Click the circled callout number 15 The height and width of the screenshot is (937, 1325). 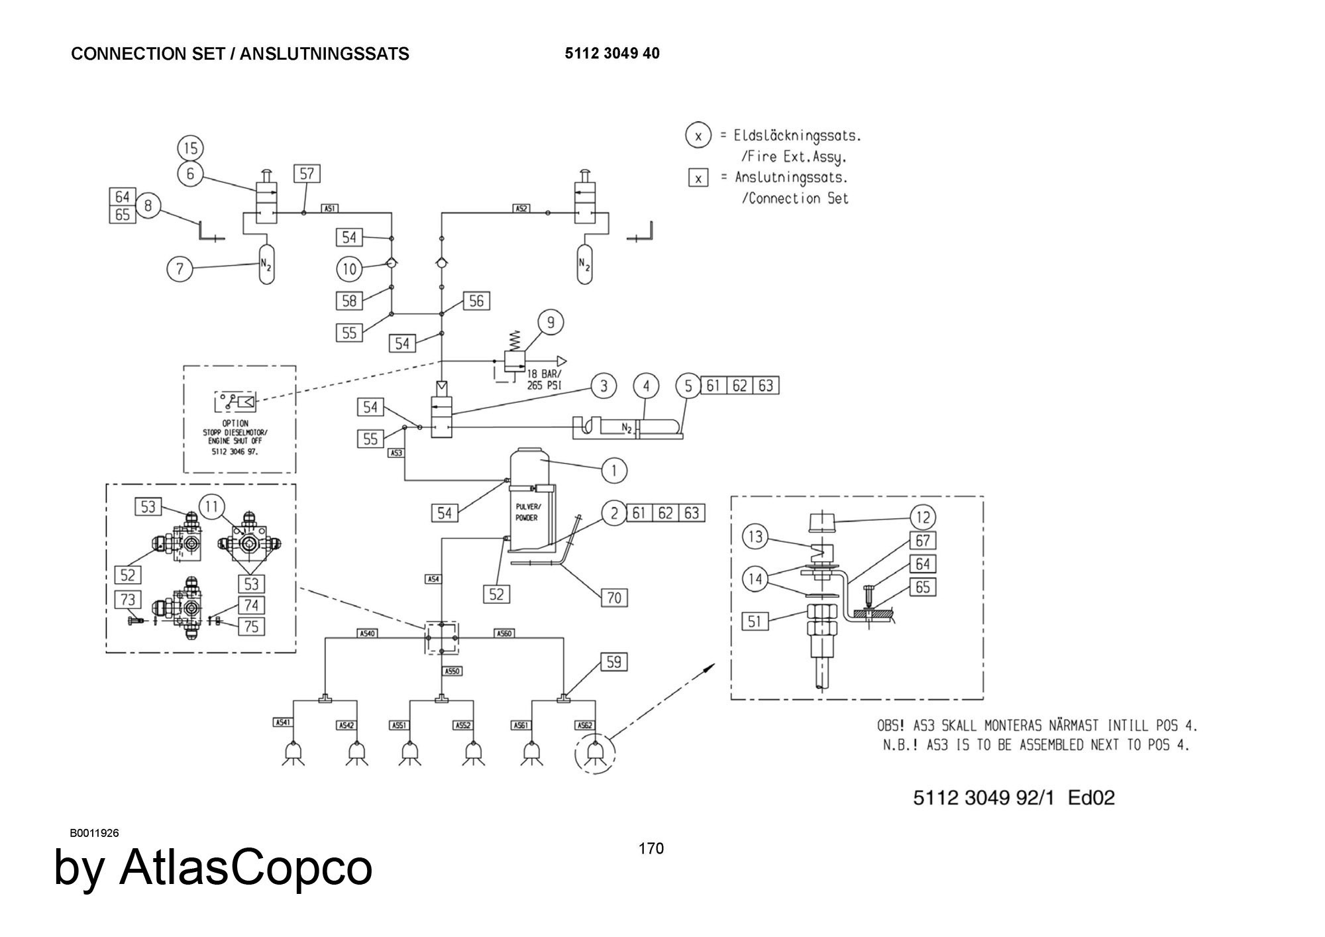[x=191, y=148]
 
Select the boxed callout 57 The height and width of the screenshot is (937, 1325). [x=307, y=174]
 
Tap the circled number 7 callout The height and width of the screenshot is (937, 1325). [x=180, y=269]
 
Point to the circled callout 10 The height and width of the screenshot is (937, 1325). [x=350, y=269]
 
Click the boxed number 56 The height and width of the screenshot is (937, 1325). [x=476, y=302]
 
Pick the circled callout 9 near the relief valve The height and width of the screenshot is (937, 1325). [x=551, y=323]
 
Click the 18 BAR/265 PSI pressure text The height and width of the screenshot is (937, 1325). [x=545, y=379]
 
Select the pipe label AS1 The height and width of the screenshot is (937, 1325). [x=330, y=208]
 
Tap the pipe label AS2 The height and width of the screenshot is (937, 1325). [x=521, y=208]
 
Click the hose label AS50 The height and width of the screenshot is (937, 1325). [x=452, y=671]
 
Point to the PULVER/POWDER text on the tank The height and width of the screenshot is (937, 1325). [x=528, y=512]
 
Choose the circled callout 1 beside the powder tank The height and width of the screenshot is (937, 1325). [x=614, y=470]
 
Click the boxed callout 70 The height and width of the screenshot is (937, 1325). [x=614, y=598]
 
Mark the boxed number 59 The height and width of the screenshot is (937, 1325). [x=613, y=662]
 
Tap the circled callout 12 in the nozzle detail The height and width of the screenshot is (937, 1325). [x=924, y=517]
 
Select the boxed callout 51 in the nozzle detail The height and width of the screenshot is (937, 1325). [x=755, y=622]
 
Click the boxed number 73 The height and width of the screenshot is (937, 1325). [x=128, y=600]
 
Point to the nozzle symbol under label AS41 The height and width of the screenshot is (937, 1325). [x=293, y=753]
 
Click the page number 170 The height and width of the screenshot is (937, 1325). [x=651, y=849]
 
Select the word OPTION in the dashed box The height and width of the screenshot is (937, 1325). [x=235, y=423]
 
